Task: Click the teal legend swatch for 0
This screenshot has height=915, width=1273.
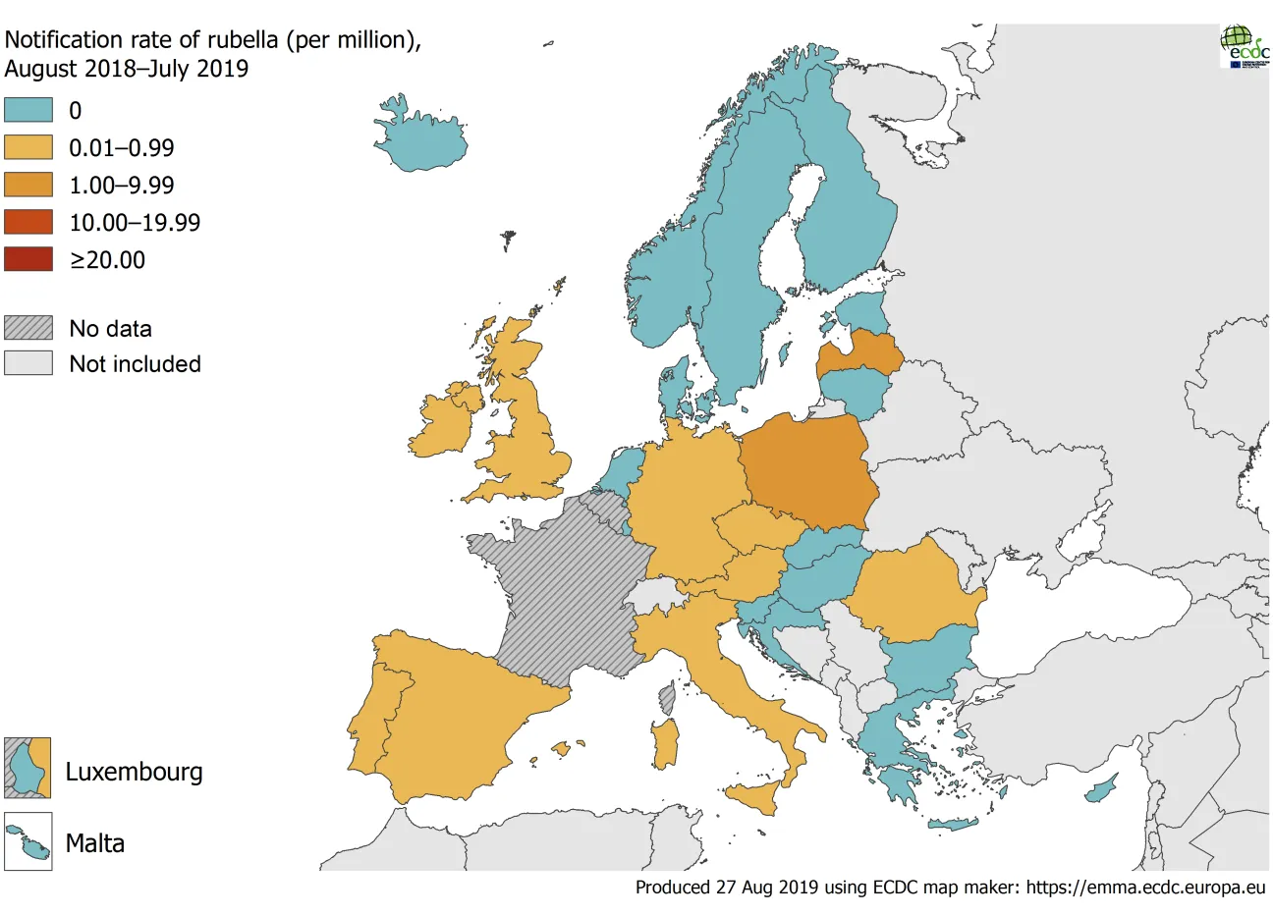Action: (x=28, y=110)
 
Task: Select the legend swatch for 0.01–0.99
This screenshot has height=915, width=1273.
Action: (x=28, y=147)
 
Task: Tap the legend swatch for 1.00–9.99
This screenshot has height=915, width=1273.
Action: (x=28, y=185)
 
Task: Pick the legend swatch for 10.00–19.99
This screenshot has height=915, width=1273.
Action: (x=28, y=222)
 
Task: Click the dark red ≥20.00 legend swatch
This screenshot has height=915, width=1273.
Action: (x=28, y=259)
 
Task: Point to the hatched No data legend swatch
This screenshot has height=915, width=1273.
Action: (x=28, y=328)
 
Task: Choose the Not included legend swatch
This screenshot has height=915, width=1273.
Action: (x=28, y=363)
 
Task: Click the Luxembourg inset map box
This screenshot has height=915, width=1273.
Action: (x=28, y=768)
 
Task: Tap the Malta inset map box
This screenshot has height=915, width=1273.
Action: (x=28, y=842)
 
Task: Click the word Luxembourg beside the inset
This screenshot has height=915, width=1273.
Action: (x=134, y=772)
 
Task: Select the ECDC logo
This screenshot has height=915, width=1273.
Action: (x=1244, y=45)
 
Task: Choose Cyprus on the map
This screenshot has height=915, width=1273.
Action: (x=1102, y=788)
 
